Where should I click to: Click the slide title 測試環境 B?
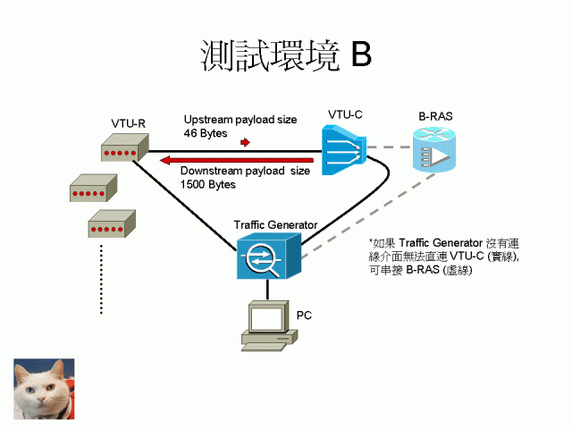285,55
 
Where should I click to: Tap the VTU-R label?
129,122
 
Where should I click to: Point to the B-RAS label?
436,117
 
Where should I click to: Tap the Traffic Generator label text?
275,223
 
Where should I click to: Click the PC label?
304,315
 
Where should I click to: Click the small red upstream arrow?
244,141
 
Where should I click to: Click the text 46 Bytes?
206,133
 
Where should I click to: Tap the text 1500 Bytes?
207,184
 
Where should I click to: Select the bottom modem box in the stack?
112,224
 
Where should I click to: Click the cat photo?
44,389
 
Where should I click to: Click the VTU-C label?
345,114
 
